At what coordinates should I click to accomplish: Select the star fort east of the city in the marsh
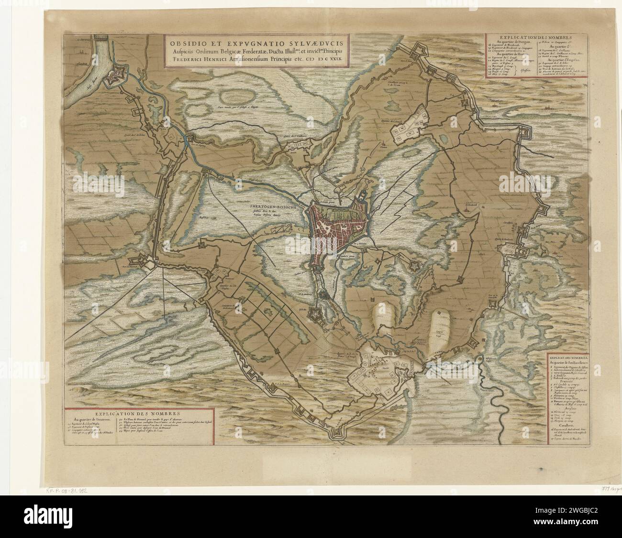(x=414, y=265)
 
